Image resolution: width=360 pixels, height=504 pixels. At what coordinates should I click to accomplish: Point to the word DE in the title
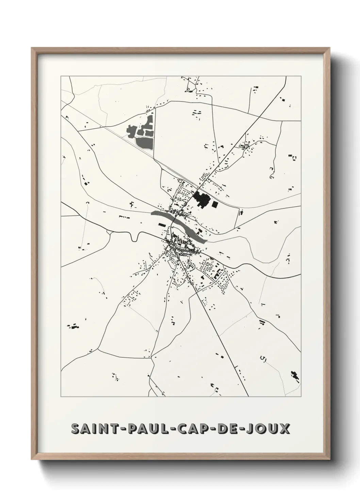(230, 428)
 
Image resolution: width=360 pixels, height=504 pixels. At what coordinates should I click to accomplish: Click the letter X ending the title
(285, 428)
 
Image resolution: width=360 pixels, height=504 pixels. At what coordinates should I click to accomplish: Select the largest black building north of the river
(201, 200)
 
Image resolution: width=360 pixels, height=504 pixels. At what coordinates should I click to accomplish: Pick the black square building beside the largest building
(215, 204)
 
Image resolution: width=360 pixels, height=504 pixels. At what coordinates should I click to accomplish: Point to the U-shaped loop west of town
(134, 236)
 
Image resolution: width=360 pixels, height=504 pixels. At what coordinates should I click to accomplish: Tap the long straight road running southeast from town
(218, 327)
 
